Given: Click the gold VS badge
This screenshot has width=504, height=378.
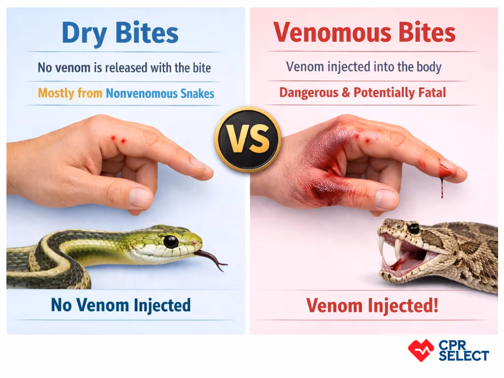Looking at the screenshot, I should (x=248, y=139).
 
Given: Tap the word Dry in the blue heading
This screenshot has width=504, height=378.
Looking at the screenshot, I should (x=86, y=33).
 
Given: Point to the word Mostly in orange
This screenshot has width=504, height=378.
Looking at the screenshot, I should (x=56, y=93).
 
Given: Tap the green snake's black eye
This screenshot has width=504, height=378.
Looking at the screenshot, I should (x=171, y=242).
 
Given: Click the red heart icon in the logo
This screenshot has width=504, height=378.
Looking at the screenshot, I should (x=421, y=350).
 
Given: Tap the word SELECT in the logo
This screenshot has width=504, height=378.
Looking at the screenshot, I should (x=463, y=355).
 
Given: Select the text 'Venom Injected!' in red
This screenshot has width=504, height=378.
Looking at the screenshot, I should (x=372, y=306).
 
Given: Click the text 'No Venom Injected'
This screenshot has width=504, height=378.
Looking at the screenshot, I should (x=121, y=305).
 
